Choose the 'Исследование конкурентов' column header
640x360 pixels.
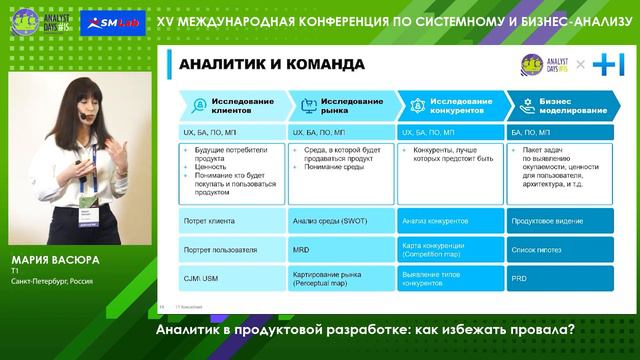[454, 107]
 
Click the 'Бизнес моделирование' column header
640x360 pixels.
[561, 107]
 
